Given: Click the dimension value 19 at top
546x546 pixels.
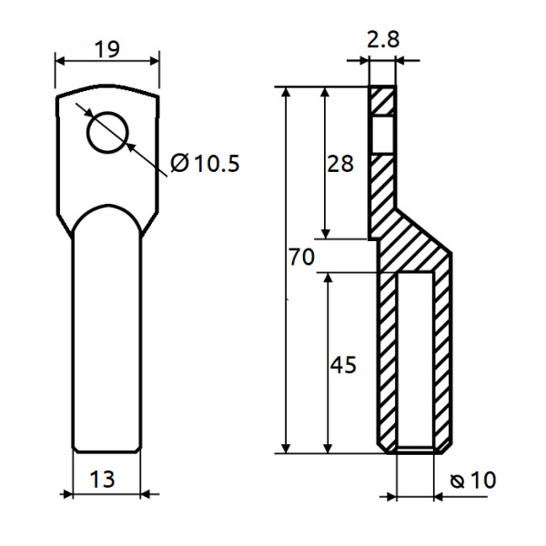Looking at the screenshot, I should [107, 48].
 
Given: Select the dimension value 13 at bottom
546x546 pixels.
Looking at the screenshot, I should [102, 479].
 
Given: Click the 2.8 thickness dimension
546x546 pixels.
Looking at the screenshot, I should [381, 40].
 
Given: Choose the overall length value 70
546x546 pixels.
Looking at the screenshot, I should [300, 258].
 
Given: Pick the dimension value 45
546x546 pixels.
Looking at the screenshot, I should [342, 365].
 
